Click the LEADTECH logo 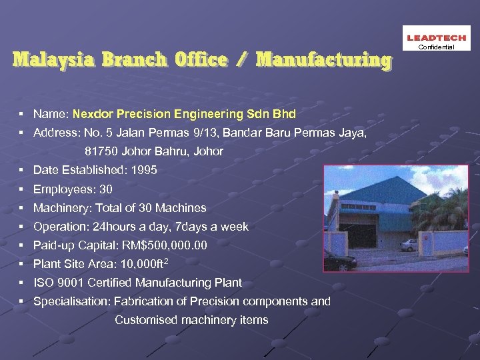click(x=437, y=39)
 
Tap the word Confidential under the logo click(x=437, y=47)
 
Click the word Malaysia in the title click(x=53, y=60)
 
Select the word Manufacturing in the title click(x=323, y=60)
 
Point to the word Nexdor click(x=92, y=114)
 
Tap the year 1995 click(x=145, y=170)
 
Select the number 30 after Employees click(x=105, y=189)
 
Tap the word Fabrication click(x=141, y=301)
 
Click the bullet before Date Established click(x=23, y=171)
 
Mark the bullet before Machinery click(x=23, y=208)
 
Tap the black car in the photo click(x=339, y=262)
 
